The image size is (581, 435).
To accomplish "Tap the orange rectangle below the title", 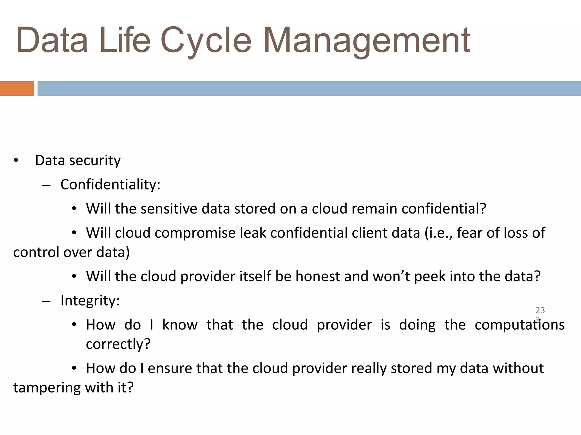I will pos(17,88).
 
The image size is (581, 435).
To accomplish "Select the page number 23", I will pos(540,310).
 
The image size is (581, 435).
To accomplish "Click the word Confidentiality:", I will pos(110,185).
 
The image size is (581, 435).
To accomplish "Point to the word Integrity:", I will pos(90,301).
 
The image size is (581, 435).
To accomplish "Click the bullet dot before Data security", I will pos(16,161).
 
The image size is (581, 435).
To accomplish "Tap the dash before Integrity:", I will pos(46,301).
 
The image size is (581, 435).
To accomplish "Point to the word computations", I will pos(519,325).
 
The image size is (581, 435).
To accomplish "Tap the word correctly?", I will pos(118,344).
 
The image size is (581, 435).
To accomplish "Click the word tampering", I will pos(47,388).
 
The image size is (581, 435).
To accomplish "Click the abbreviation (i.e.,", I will pos(438,233).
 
